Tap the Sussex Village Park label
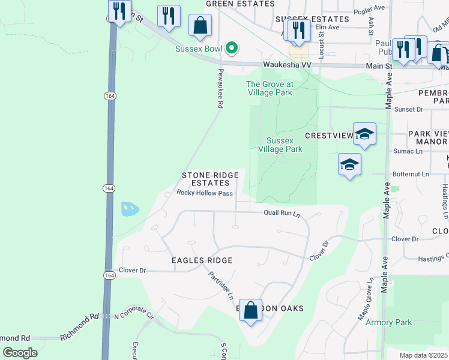(280, 144)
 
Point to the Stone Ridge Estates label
(210, 179)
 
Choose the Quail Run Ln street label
(282, 213)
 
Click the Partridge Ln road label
(221, 285)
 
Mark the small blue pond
(130, 209)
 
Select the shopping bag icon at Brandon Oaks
(252, 311)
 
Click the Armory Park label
(389, 322)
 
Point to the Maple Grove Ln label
(366, 298)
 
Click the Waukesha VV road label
(285, 65)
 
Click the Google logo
(20, 353)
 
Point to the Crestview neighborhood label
(328, 136)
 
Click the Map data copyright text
(423, 355)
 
